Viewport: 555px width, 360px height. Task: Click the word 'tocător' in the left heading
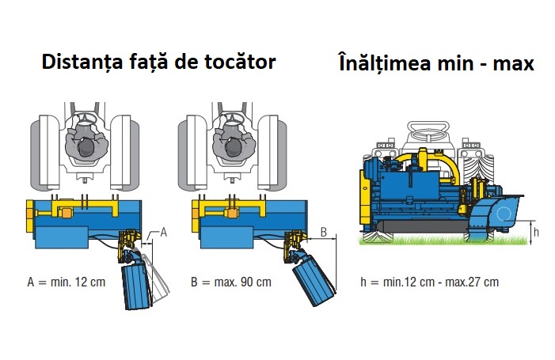240,62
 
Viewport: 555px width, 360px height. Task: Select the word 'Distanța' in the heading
82,63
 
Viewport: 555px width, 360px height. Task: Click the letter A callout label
163,233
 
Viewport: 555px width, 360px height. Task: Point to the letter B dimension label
323,233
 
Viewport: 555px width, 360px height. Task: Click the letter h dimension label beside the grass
536,232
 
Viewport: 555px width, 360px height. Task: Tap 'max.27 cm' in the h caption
472,282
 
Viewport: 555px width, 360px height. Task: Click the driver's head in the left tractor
86,147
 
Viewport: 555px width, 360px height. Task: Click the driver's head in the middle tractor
234,147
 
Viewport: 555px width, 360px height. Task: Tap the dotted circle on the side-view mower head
503,214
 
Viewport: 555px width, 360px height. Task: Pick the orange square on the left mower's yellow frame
67,214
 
